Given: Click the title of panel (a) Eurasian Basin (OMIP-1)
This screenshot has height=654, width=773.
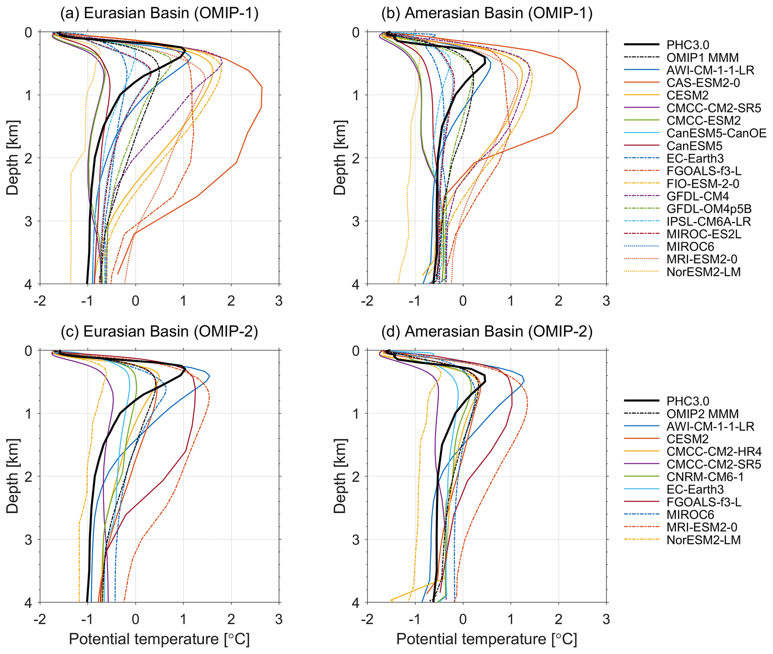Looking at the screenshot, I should pyautogui.click(x=159, y=13).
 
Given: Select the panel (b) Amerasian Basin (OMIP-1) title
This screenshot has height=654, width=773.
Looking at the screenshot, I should pyautogui.click(x=487, y=13).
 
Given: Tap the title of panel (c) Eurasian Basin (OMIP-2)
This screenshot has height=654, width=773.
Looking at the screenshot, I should pyautogui.click(x=159, y=332).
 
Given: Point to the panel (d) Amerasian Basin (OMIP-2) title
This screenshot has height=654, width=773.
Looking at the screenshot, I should pyautogui.click(x=487, y=332).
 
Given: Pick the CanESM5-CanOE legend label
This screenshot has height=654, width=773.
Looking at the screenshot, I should pyautogui.click(x=716, y=133).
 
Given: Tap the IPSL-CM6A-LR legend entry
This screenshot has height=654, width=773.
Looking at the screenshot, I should pyautogui.click(x=708, y=221).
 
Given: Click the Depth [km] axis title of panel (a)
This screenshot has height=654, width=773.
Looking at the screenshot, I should pyautogui.click(x=12, y=157).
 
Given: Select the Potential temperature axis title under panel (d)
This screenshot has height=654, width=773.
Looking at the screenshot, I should pyautogui.click(x=487, y=639).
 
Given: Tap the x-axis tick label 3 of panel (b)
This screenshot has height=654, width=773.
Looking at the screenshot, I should pyautogui.click(x=606, y=301).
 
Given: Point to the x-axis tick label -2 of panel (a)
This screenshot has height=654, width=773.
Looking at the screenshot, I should pyautogui.click(x=40, y=301).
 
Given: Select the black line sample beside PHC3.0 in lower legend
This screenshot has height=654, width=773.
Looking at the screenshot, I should pyautogui.click(x=641, y=401).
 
